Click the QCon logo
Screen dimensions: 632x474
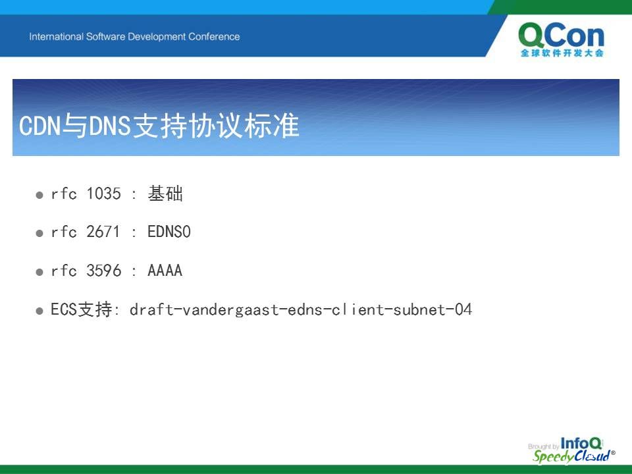[x=561, y=39]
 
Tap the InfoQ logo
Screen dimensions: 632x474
[x=581, y=443]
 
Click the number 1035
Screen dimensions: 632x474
[x=103, y=194]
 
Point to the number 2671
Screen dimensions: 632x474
[x=103, y=232]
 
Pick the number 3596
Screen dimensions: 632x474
[x=103, y=271]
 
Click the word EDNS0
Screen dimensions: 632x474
[x=169, y=232]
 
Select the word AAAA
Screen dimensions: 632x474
[x=165, y=271]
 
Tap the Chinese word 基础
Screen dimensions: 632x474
[x=165, y=194]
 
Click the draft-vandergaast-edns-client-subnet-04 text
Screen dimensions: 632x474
[x=301, y=309]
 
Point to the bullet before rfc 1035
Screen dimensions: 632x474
[x=39, y=195]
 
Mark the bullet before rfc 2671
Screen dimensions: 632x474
[x=39, y=233]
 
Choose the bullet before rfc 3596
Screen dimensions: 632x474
[x=39, y=272]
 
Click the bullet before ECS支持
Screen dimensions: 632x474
[x=39, y=311]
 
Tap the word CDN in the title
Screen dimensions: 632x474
[x=39, y=125]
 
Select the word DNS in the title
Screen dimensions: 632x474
[x=110, y=125]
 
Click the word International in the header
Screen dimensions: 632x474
[x=56, y=37]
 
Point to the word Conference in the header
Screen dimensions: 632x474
[x=214, y=37]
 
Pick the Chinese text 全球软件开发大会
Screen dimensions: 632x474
[x=562, y=53]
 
